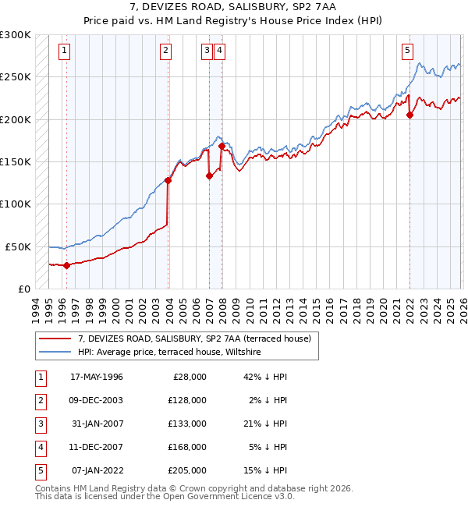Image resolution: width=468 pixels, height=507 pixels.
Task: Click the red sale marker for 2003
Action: click(x=168, y=180)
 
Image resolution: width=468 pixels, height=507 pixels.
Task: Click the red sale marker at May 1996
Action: click(x=66, y=265)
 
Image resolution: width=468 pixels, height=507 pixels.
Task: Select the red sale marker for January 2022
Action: click(x=409, y=115)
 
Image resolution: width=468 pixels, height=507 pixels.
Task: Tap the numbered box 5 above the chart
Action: click(x=407, y=51)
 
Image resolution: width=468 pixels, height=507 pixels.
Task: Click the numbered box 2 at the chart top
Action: click(x=166, y=51)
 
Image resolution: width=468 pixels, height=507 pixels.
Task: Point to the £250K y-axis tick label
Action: click(x=16, y=77)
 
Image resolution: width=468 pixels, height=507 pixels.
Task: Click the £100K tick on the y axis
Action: click(x=16, y=204)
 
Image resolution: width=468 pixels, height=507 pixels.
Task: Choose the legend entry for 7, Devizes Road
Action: click(x=194, y=339)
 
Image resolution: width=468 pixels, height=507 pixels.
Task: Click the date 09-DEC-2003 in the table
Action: click(x=96, y=400)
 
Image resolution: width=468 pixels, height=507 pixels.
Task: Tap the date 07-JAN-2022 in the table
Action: click(x=96, y=470)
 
